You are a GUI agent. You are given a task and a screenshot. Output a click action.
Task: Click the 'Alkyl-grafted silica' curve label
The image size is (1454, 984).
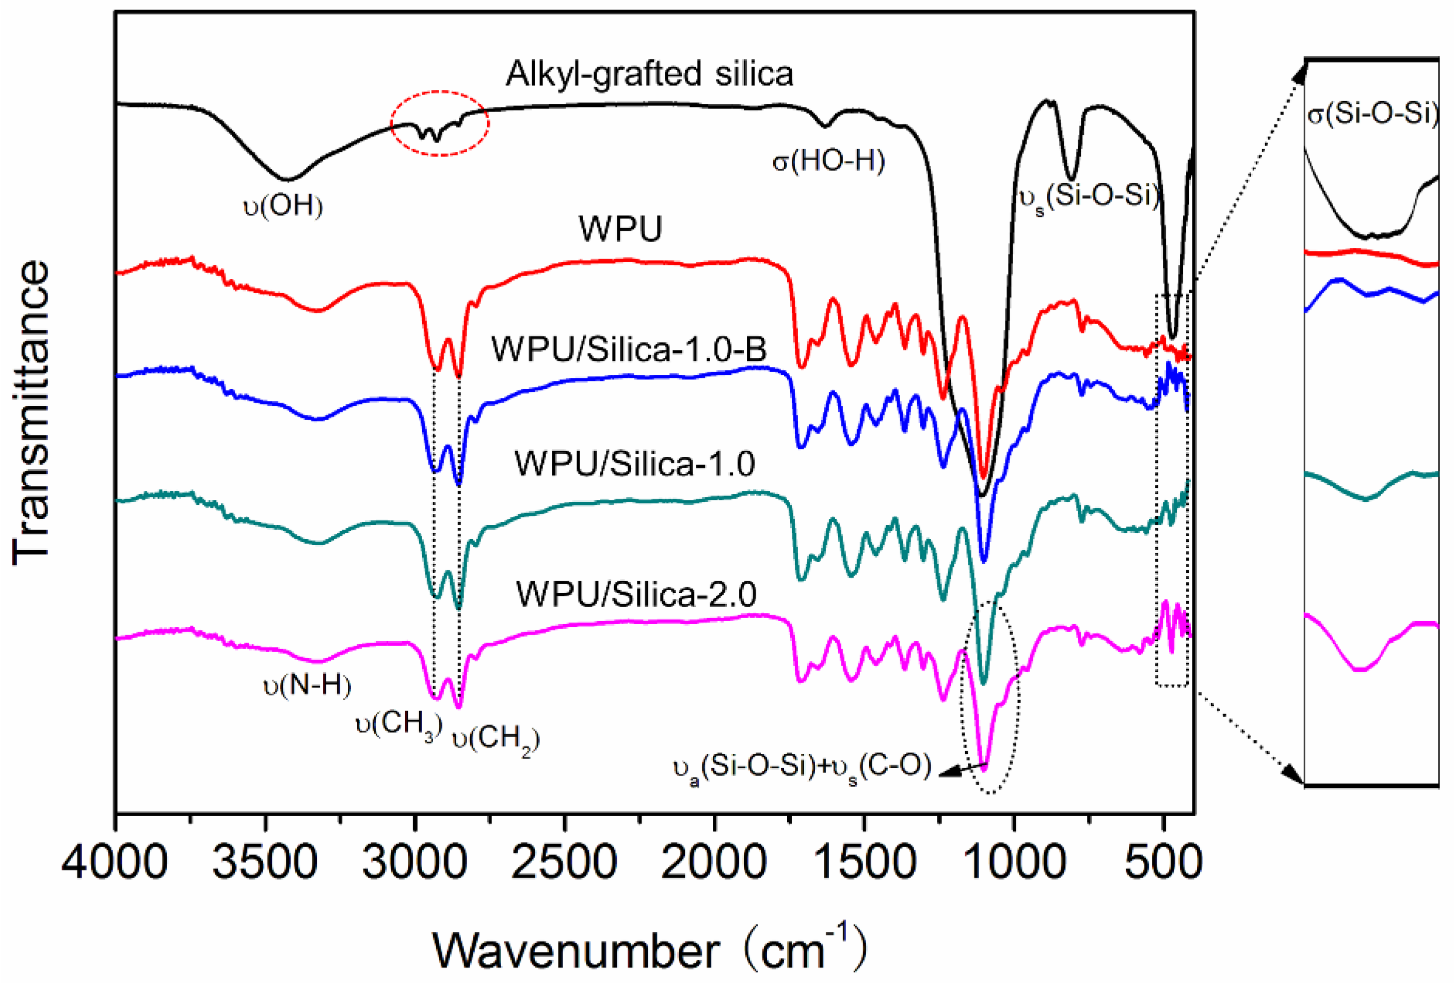[x=649, y=74]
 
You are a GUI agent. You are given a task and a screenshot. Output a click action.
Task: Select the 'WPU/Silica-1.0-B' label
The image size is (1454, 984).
[x=629, y=348]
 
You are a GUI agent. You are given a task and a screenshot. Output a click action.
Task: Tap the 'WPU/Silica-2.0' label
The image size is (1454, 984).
[x=636, y=593]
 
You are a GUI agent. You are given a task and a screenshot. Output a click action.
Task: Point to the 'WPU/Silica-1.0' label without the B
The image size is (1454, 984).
[x=634, y=464]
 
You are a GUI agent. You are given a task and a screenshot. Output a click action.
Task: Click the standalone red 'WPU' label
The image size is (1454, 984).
[x=620, y=229]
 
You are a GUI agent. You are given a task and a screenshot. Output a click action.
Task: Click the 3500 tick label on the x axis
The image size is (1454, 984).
[x=265, y=863]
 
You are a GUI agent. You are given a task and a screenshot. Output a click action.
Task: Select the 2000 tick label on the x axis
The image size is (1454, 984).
[x=714, y=863]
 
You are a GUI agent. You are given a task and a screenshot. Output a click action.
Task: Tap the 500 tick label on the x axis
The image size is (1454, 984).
[x=1162, y=863]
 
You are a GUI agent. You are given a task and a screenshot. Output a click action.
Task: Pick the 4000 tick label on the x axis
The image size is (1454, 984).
[x=115, y=863]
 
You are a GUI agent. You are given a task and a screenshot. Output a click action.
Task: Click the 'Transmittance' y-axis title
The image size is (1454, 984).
[x=31, y=413]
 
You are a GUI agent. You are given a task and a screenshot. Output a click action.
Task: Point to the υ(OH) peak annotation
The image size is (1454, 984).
[x=283, y=205]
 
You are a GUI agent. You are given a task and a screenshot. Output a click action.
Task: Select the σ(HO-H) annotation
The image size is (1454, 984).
[x=828, y=162]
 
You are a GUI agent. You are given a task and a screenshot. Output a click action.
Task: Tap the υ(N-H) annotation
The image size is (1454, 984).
[x=307, y=686]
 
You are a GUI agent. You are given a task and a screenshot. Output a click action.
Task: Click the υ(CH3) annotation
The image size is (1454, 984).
[x=398, y=725]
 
